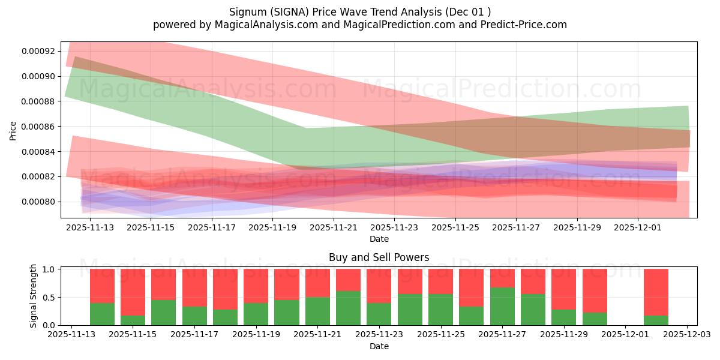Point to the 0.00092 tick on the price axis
point(39,52)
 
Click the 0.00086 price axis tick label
point(39,127)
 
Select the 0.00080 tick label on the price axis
point(39,202)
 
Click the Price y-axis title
point(13,130)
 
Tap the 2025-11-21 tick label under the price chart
point(333,228)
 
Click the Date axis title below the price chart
point(379,239)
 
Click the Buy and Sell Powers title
point(379,257)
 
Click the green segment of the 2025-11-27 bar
point(502,306)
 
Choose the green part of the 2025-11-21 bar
point(317,311)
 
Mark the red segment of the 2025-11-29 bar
point(563,289)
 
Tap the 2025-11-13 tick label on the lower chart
point(71,335)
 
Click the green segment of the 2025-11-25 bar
point(440,309)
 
